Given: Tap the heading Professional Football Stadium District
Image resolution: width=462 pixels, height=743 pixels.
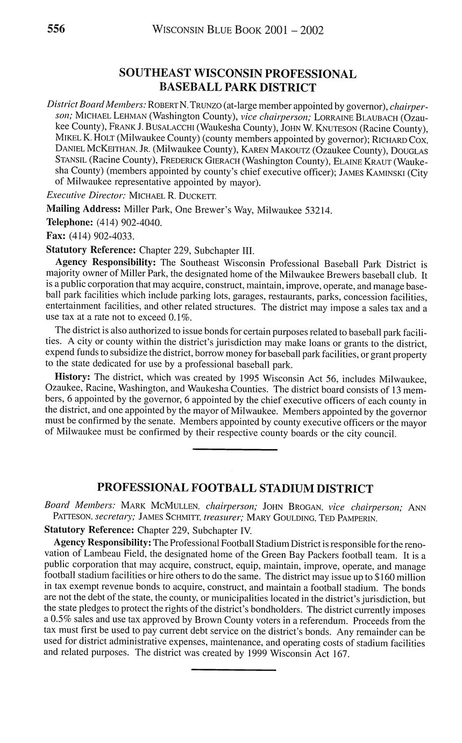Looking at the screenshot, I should (234, 488).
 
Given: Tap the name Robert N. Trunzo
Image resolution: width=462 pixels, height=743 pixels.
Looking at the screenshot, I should (184, 104).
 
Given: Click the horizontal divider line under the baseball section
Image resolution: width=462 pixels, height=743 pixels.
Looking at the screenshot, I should (234, 449).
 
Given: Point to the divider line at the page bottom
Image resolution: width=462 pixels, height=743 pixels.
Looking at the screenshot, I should (233, 670).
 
